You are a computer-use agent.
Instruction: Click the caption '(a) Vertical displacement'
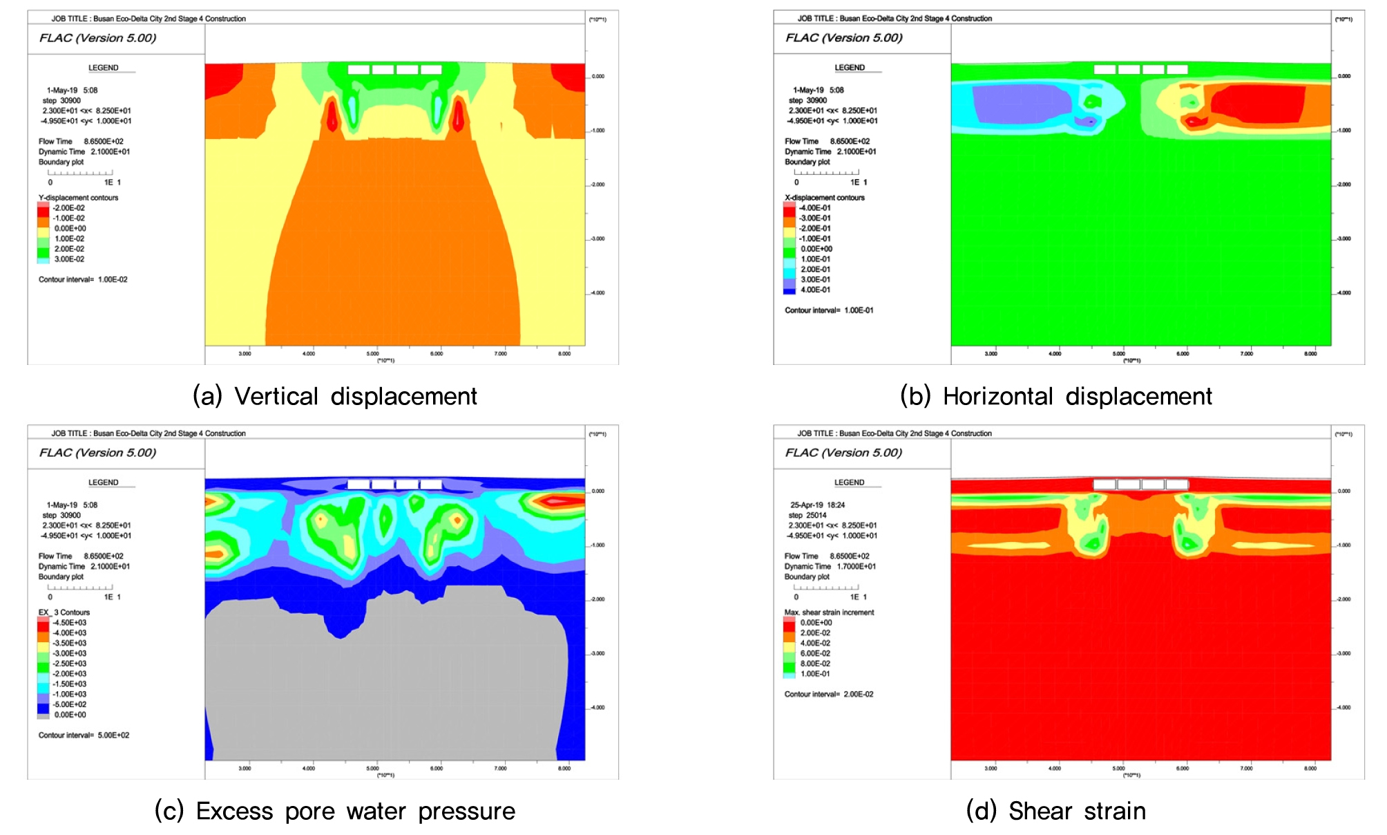[x=335, y=396]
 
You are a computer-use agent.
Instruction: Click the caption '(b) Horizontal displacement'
[x=1056, y=396]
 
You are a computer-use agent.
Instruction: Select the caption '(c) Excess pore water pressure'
[x=335, y=811]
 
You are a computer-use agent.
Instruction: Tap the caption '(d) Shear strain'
[x=1056, y=811]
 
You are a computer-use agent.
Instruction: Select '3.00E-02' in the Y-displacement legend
[x=69, y=259]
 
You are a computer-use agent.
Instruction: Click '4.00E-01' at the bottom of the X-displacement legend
[x=815, y=290]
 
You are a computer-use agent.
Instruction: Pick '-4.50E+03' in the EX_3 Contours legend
[x=70, y=623]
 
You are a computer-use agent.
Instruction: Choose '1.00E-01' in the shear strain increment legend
[x=815, y=674]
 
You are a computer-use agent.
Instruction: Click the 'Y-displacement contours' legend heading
[x=78, y=198]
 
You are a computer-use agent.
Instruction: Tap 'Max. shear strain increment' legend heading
[x=829, y=612]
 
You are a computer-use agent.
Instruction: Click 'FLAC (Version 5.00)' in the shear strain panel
[x=843, y=453]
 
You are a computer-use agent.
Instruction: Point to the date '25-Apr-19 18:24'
[x=817, y=505]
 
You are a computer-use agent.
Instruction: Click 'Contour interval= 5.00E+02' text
[x=84, y=735]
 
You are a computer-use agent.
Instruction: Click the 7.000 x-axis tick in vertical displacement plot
[x=500, y=354]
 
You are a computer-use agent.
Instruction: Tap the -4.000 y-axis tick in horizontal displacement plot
[x=1343, y=293]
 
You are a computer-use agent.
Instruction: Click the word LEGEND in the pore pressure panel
[x=103, y=482]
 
